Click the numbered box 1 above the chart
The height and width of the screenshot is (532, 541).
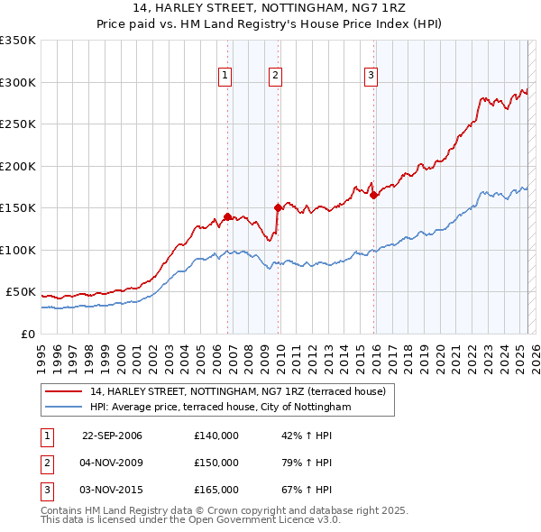coord(224,76)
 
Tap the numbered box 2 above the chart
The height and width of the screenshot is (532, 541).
coord(274,76)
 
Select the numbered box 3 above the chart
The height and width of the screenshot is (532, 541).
coord(371,76)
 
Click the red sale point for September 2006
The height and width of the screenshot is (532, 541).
coord(227,216)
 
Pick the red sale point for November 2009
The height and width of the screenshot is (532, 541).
coord(278,208)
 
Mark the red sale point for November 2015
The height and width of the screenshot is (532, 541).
coord(373,196)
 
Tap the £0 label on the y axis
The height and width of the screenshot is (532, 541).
coord(27,334)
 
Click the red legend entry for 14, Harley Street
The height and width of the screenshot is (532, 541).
coord(237,391)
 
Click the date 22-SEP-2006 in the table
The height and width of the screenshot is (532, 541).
coord(112,436)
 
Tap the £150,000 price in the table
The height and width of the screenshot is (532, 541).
coord(216,463)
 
